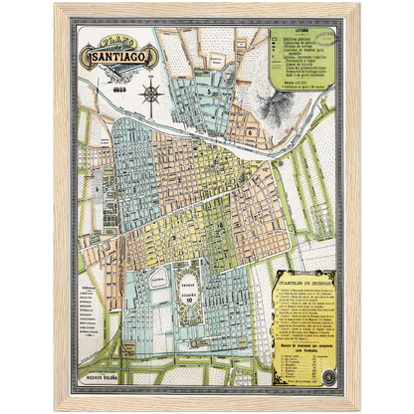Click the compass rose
(152, 95)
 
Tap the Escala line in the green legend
(299, 83)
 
